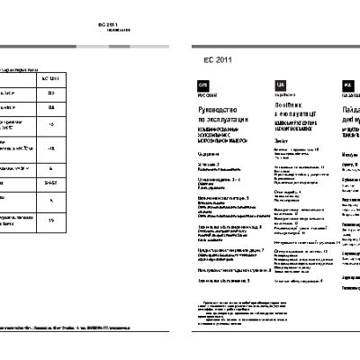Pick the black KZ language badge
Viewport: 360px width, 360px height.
click(x=347, y=86)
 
